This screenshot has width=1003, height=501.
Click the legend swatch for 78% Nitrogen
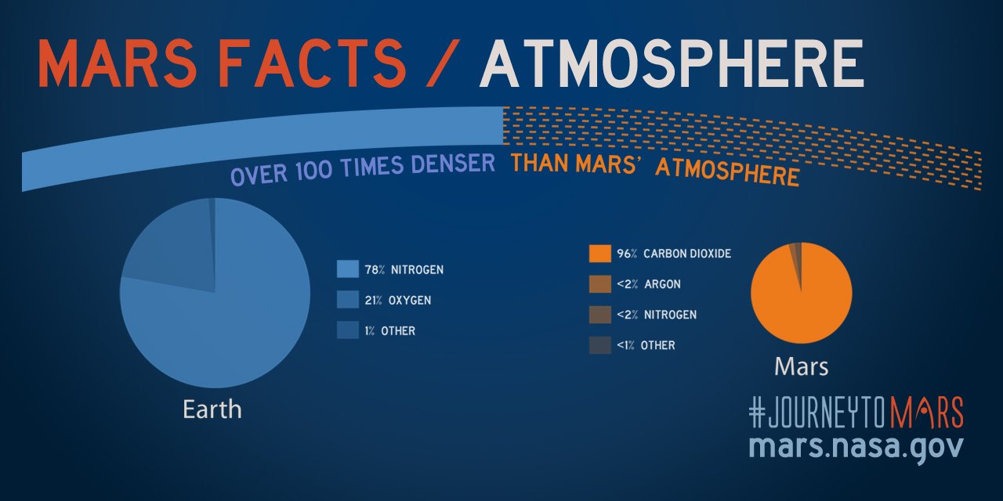click(347, 269)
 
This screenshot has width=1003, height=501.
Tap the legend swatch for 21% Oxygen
click(347, 300)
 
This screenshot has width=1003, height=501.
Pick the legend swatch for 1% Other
click(347, 330)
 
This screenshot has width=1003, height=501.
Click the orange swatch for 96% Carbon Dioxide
click(599, 254)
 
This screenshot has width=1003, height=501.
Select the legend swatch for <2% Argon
click(599, 284)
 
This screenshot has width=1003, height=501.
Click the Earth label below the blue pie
click(212, 409)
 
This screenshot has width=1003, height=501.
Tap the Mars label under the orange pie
click(801, 366)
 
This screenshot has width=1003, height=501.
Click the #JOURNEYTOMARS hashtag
click(856, 413)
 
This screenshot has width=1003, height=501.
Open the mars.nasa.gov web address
click(856, 446)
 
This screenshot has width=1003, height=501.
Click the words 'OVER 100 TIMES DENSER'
click(363, 168)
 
